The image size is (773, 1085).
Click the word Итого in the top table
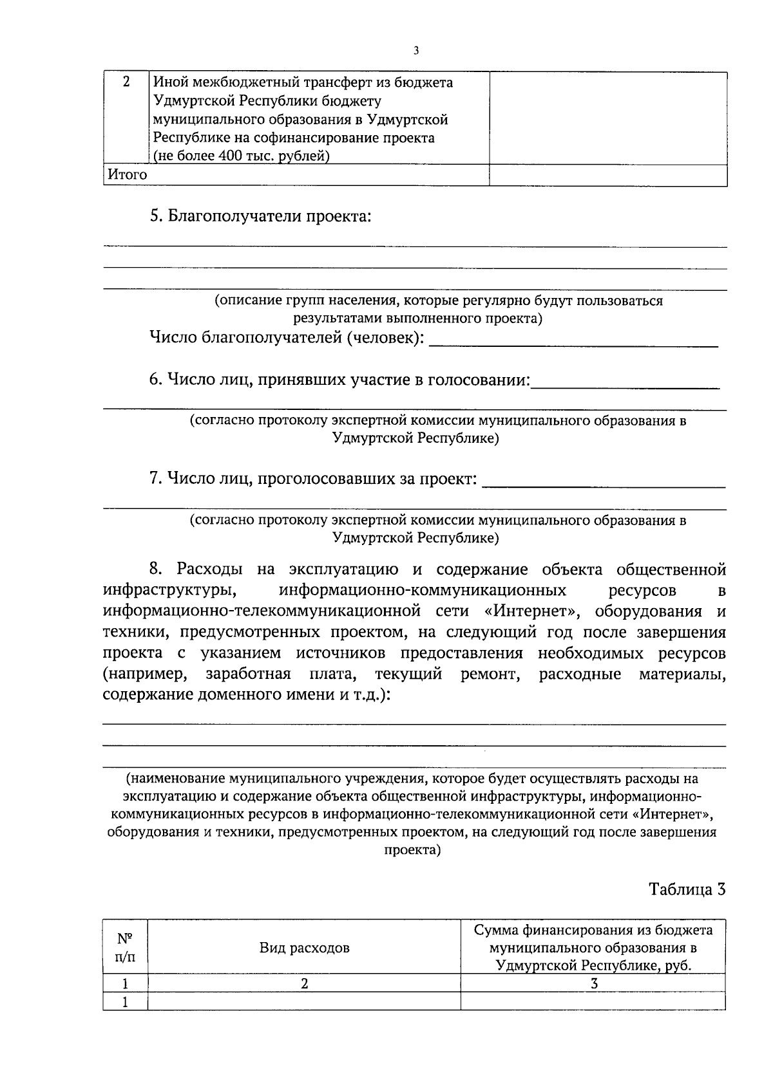click(x=127, y=175)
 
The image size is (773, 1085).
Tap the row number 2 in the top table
click(x=126, y=82)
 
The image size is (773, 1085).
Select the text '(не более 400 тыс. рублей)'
click(x=241, y=156)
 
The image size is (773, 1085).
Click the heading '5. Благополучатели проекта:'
click(x=260, y=216)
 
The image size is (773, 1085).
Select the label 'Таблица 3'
click(x=687, y=889)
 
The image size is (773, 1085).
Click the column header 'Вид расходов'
click(x=304, y=947)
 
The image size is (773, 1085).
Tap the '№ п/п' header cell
click(x=126, y=947)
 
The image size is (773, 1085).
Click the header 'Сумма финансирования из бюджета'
click(x=593, y=931)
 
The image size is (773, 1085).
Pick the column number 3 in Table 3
click(x=593, y=983)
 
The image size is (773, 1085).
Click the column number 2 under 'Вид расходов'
click(x=304, y=983)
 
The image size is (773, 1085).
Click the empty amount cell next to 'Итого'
click(x=608, y=175)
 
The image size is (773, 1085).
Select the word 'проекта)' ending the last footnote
click(x=413, y=850)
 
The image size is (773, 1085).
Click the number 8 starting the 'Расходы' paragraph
click(x=155, y=569)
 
